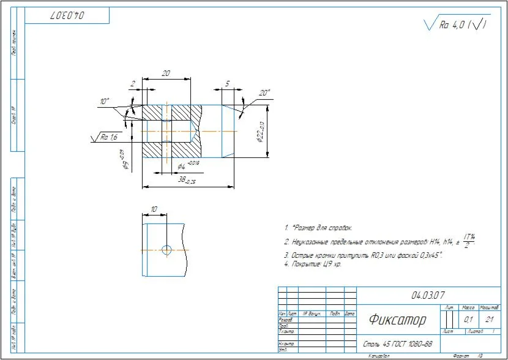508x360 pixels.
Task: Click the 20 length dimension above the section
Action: click(165, 73)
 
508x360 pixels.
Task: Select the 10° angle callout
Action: click(105, 101)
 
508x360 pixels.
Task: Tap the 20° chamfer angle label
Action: click(264, 93)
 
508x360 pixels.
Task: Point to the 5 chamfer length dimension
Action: click(227, 83)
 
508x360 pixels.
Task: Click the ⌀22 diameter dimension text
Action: click(260, 131)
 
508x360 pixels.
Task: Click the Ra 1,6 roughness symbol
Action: click(108, 137)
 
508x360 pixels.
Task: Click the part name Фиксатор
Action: click(397, 319)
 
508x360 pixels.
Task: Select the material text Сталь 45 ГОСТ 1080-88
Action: click(398, 343)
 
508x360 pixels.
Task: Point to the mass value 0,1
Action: click(468, 319)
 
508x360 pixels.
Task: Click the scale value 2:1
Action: click(490, 319)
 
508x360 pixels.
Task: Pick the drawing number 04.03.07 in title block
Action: click(428, 295)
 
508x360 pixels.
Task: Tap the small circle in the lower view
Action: click(165, 249)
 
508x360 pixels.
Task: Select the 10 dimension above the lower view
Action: click(153, 209)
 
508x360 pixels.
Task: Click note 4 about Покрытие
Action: click(312, 264)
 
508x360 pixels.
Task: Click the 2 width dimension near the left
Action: click(133, 83)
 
